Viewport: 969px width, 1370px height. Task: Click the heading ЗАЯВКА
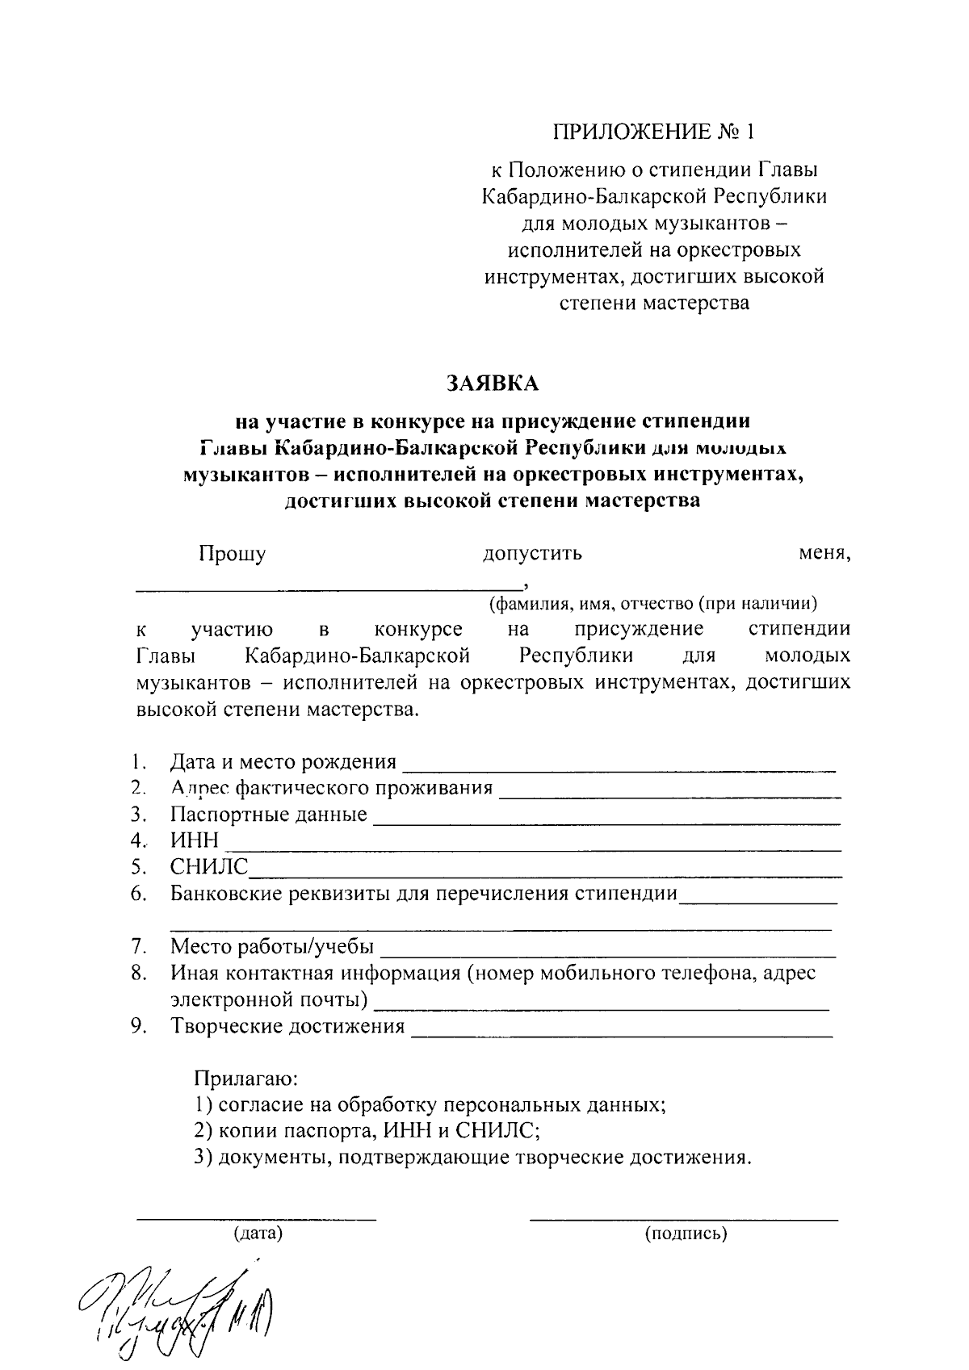pos(493,383)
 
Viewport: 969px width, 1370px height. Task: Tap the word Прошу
pos(233,554)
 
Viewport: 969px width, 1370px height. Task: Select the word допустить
pos(532,554)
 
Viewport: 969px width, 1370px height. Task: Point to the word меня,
pos(824,554)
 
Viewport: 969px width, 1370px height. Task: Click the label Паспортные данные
pos(268,814)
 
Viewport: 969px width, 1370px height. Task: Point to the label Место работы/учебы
pos(271,946)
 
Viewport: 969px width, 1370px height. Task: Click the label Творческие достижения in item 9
pos(287,1026)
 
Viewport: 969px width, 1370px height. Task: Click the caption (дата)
pos(258,1234)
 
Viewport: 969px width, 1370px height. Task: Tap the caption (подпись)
pos(686,1234)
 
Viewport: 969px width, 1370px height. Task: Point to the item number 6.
pos(139,894)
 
